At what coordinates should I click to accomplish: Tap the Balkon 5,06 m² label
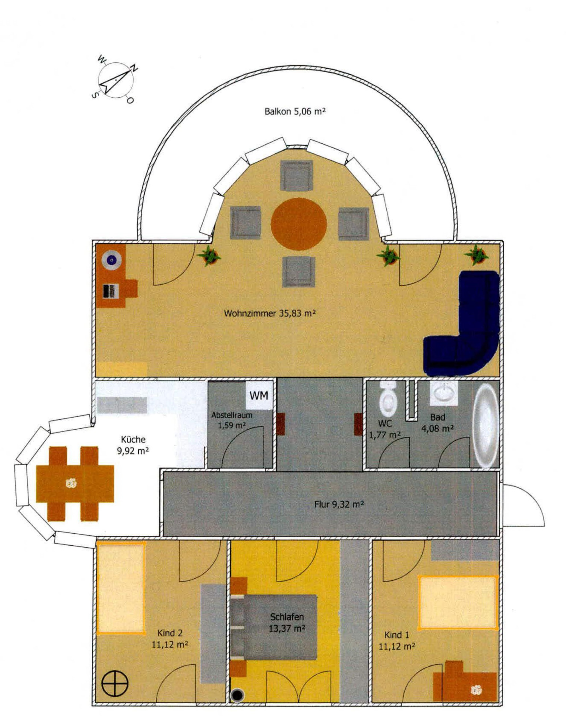pos(295,111)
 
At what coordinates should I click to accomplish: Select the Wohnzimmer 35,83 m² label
pos(269,313)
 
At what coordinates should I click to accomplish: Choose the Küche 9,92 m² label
pos(133,445)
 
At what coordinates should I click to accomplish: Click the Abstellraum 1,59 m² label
pos(232,420)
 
